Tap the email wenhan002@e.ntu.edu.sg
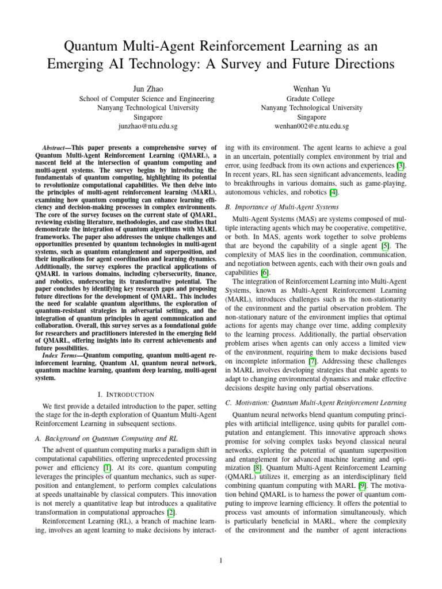click(311, 125)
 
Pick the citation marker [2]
click(171, 512)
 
